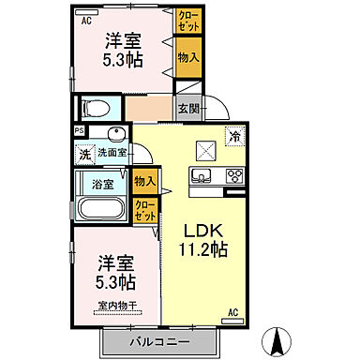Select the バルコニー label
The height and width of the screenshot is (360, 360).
pos(160,341)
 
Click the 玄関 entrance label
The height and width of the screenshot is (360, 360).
pos(187,107)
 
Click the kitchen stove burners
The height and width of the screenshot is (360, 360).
pos(232,175)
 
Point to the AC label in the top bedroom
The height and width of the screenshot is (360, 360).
pos(85,19)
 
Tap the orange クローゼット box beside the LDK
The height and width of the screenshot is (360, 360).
pos(145,212)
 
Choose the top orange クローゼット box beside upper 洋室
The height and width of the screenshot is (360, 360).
pos(187,21)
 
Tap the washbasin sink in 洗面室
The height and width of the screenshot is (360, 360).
pos(115,134)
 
